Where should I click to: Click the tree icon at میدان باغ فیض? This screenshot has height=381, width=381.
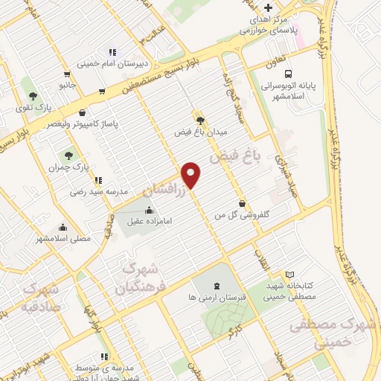[199, 120]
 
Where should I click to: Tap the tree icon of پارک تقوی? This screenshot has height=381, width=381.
[32, 95]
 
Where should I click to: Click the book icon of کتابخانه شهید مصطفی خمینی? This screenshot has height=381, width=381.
[289, 275]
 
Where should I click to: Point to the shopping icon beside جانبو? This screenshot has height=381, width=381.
[68, 74]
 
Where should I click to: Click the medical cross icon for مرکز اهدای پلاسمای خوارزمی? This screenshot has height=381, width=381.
[269, 7]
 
